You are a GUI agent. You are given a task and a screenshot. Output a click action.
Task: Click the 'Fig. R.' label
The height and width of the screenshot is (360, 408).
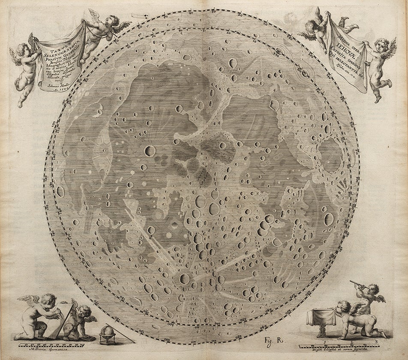tap(266, 341)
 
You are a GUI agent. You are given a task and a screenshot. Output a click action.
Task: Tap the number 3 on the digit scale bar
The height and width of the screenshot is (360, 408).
tap(376, 341)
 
